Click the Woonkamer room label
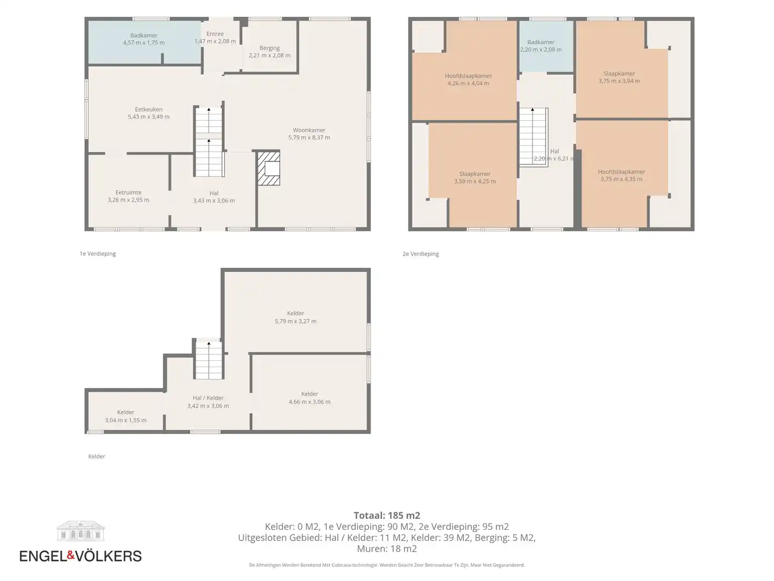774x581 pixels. (x=309, y=130)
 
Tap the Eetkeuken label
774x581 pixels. (x=149, y=109)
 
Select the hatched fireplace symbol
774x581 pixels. (x=269, y=168)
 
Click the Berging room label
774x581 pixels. (x=269, y=48)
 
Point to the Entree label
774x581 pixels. (x=215, y=34)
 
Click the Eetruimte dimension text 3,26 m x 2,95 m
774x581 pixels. (x=128, y=200)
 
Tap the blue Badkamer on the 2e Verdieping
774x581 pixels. (x=546, y=46)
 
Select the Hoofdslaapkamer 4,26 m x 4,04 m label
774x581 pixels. (x=468, y=80)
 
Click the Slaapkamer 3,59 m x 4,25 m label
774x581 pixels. (x=475, y=177)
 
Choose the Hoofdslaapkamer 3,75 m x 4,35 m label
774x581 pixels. (x=621, y=175)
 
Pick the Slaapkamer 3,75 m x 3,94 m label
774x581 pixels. (x=619, y=77)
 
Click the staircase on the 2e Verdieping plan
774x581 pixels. (x=534, y=137)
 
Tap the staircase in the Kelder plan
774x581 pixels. (x=209, y=359)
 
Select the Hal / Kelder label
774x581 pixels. (x=208, y=398)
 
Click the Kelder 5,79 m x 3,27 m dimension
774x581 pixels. (x=296, y=321)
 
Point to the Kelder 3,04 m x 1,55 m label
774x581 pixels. (x=125, y=416)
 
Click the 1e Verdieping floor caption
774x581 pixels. (x=98, y=254)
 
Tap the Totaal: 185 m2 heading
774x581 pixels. (x=387, y=515)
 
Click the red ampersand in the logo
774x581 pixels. (x=71, y=555)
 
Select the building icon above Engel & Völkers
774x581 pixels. (x=81, y=530)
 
